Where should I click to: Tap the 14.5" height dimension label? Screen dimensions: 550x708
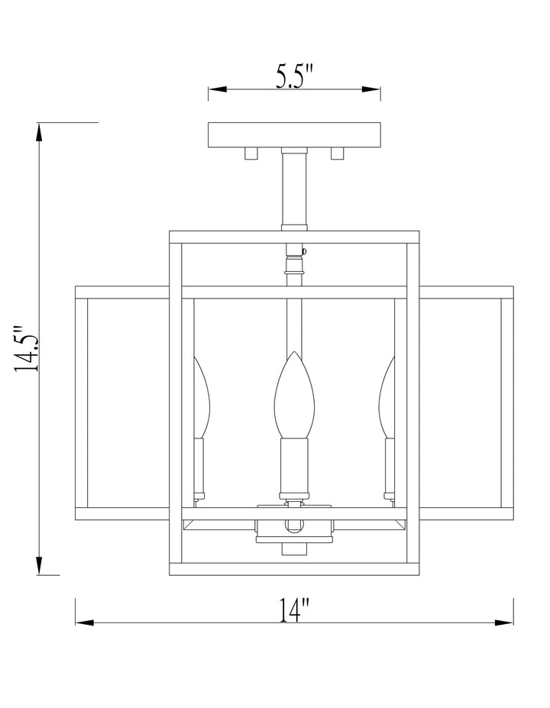pyautogui.click(x=26, y=348)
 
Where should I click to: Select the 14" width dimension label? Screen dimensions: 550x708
pyautogui.click(x=294, y=609)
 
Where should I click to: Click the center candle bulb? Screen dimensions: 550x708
pyautogui.click(x=294, y=394)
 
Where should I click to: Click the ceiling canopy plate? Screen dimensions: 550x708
pyautogui.click(x=294, y=135)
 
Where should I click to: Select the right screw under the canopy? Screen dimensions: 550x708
pyautogui.click(x=338, y=154)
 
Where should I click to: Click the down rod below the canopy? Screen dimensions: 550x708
pyautogui.click(x=294, y=189)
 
